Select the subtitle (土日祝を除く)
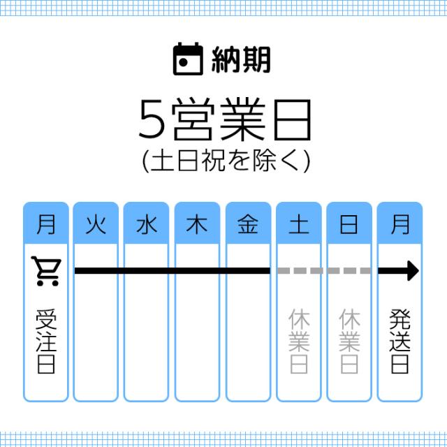[x=223, y=161]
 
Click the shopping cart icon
[x=46, y=271]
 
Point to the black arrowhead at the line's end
[x=413, y=271]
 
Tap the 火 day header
[x=96, y=225]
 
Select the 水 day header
[x=147, y=225]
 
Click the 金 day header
[x=249, y=225]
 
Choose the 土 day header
[x=300, y=225]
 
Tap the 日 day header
[x=350, y=225]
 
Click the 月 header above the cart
[x=46, y=225]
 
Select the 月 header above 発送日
[x=400, y=225]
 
